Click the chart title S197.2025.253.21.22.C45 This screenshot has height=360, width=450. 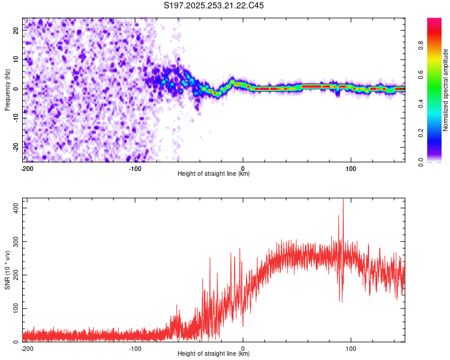click(x=214, y=6)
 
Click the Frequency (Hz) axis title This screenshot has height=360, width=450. click(x=7, y=89)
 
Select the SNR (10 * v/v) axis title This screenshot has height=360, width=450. click(x=7, y=270)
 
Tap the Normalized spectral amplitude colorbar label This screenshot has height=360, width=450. click(x=446, y=90)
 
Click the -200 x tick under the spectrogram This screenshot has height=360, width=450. click(x=26, y=168)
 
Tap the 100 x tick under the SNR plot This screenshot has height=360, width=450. click(x=351, y=348)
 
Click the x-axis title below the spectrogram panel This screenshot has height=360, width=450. click(x=214, y=174)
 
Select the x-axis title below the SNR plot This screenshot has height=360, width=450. click(x=214, y=354)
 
